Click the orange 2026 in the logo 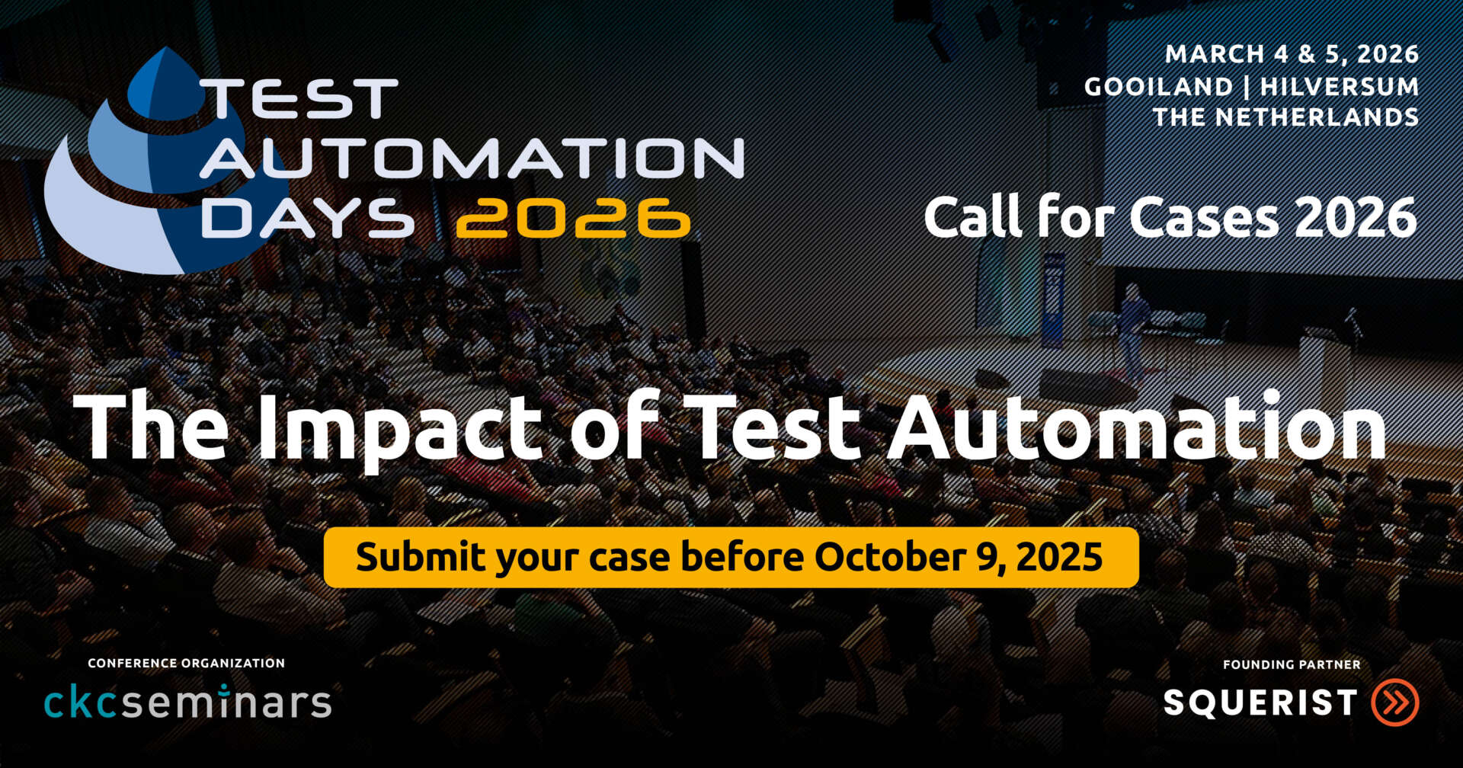(573, 218)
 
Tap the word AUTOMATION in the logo (472, 158)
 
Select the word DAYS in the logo (307, 218)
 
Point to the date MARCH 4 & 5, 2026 (1292, 54)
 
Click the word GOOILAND (1158, 86)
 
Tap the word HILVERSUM (1339, 86)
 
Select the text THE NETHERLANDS (1285, 117)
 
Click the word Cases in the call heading (1205, 218)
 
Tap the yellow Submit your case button (731, 557)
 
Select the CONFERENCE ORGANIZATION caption (186, 663)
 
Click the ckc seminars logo (187, 702)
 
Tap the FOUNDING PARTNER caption (1292, 664)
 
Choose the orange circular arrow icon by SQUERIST (1395, 702)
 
